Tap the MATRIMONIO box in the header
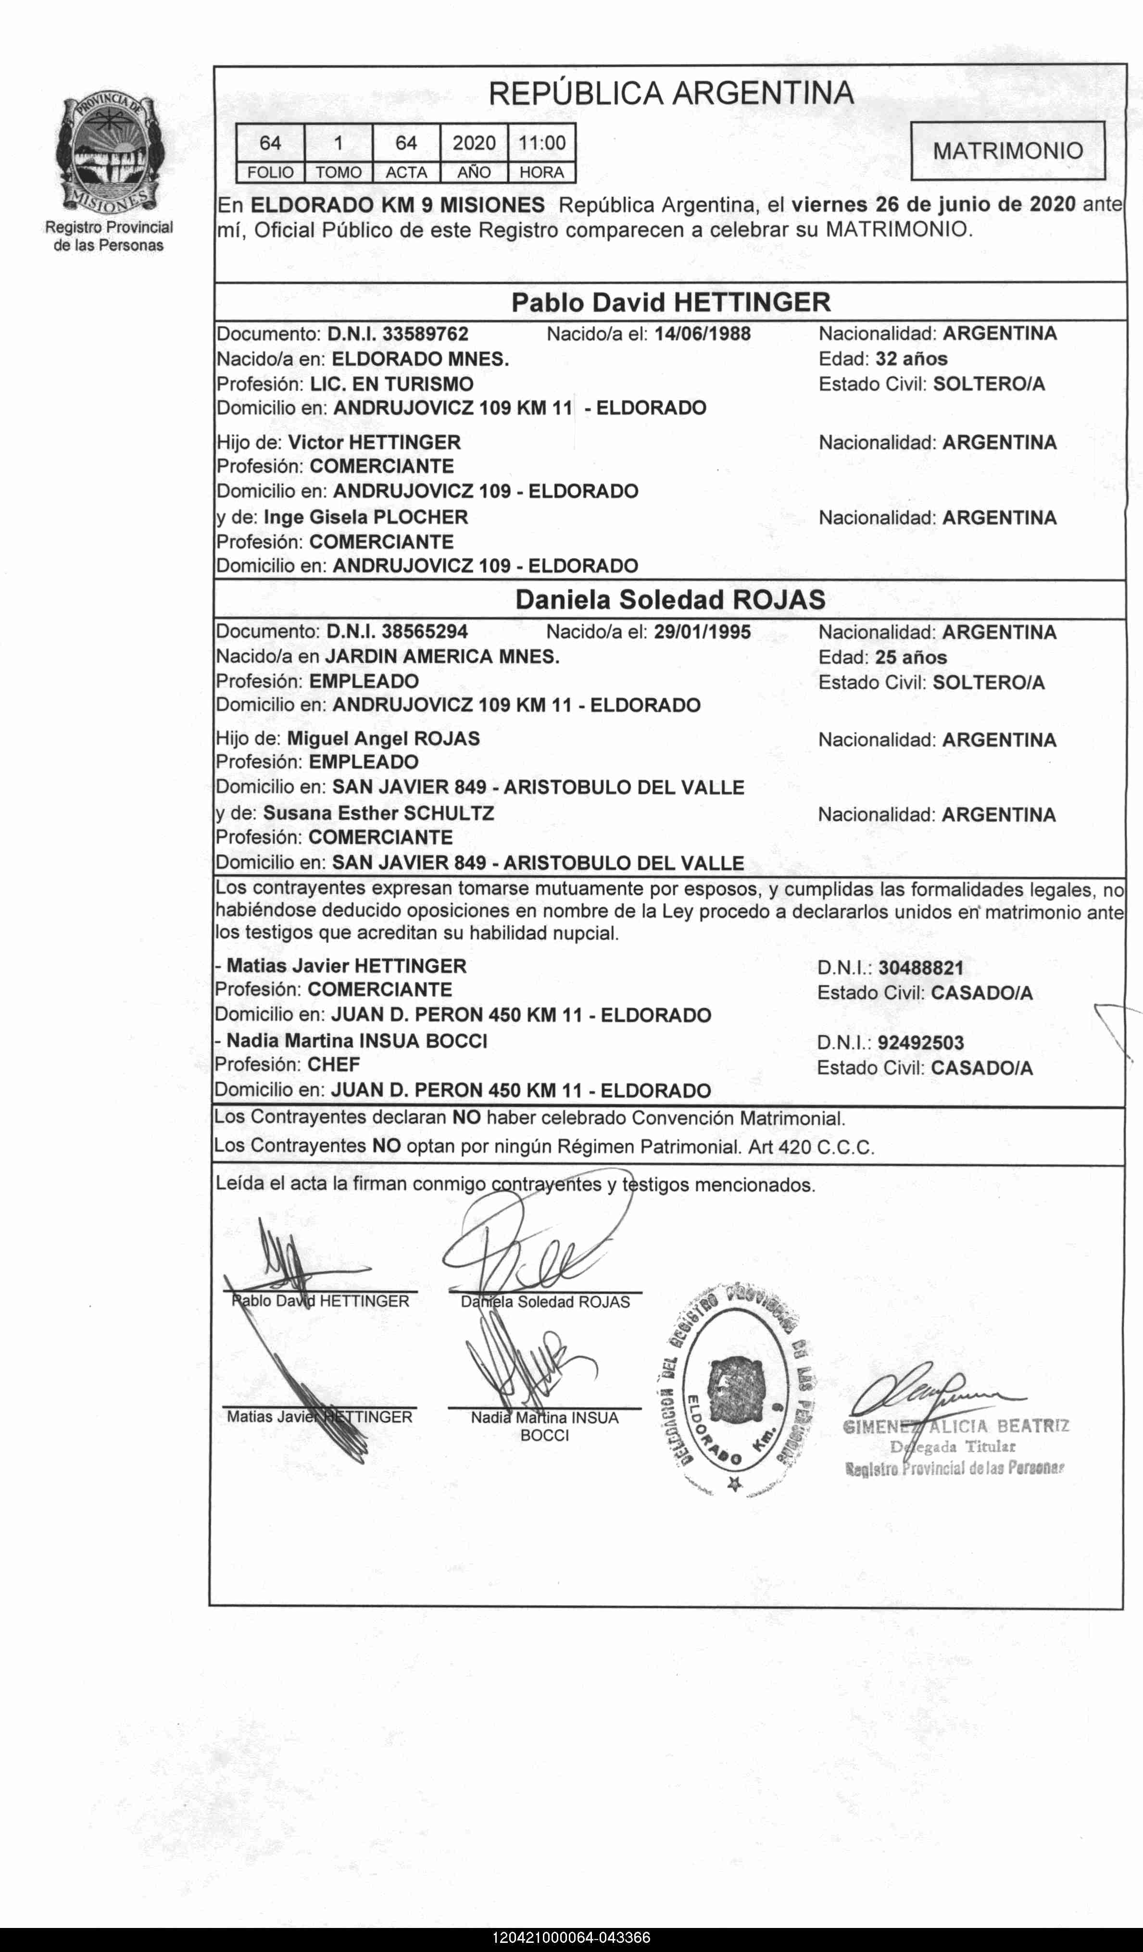(x=1007, y=150)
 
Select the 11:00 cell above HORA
(x=541, y=143)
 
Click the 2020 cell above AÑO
(x=474, y=143)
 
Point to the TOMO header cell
(x=338, y=173)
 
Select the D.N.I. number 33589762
(x=426, y=334)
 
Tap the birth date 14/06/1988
(x=702, y=334)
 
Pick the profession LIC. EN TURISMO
(x=391, y=384)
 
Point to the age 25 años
(x=911, y=658)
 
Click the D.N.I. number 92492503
(x=920, y=1043)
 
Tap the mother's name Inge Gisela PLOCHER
(x=366, y=517)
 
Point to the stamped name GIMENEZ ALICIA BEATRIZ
(x=955, y=1426)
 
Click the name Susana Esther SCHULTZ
(x=378, y=813)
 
